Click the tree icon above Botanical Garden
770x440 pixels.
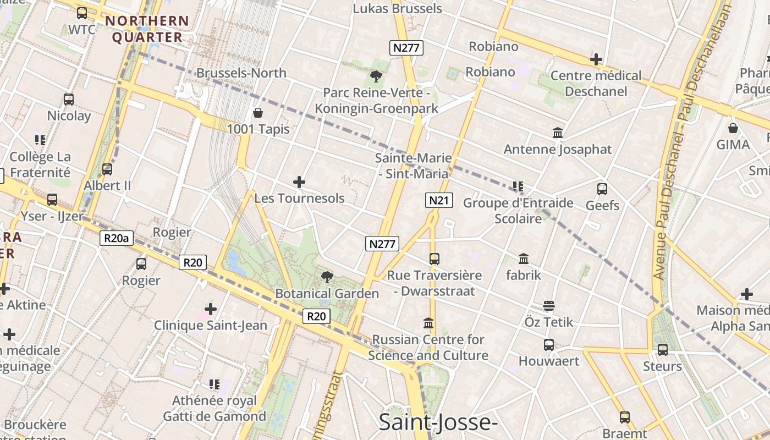click(x=327, y=277)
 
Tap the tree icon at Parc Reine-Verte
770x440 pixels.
click(x=376, y=76)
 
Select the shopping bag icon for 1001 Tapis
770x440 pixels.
click(x=258, y=113)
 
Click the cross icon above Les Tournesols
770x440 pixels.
click(x=299, y=182)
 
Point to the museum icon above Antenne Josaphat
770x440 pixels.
click(x=558, y=133)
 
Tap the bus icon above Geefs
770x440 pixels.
click(x=602, y=189)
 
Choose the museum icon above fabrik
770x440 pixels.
click(x=524, y=258)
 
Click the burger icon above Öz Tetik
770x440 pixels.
click(x=548, y=305)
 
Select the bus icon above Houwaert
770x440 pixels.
click(x=548, y=345)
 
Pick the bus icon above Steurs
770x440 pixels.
click(x=663, y=349)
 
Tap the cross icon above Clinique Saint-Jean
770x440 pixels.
click(x=210, y=309)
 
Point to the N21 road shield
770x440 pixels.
click(x=439, y=200)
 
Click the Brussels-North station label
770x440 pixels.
click(x=241, y=73)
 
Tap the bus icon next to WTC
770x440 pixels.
click(x=82, y=13)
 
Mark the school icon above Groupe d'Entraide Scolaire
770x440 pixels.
click(x=518, y=186)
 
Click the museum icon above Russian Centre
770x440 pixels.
click(x=428, y=323)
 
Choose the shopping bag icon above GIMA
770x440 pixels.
click(x=733, y=128)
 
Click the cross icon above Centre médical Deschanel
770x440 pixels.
click(x=596, y=59)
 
